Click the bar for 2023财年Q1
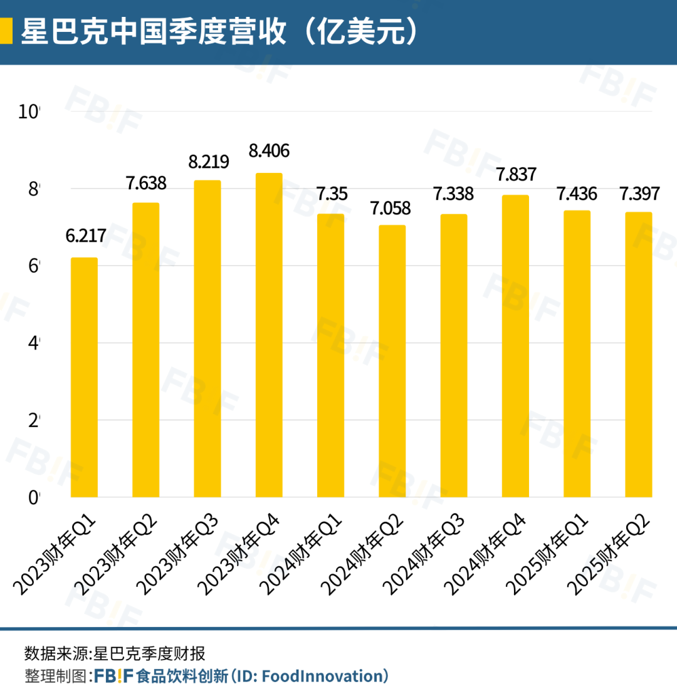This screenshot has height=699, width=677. (x=84, y=377)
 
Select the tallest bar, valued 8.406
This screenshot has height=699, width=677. (x=269, y=335)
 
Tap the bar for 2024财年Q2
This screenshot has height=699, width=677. (x=392, y=361)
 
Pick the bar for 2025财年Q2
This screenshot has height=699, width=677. (x=639, y=355)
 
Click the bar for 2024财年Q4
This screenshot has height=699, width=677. (x=515, y=346)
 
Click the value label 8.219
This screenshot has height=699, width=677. (x=209, y=161)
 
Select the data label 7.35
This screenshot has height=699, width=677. (x=330, y=194)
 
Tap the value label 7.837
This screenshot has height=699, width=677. (x=515, y=174)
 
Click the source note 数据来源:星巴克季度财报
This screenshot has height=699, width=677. (x=115, y=654)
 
